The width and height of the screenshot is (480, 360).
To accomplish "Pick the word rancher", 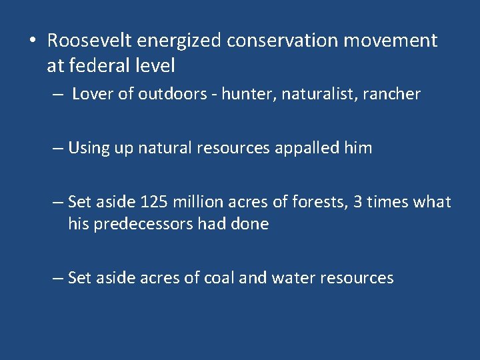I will (394, 94).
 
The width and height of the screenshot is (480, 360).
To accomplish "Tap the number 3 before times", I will (357, 202).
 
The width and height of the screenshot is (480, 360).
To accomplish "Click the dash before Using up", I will (58, 148).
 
